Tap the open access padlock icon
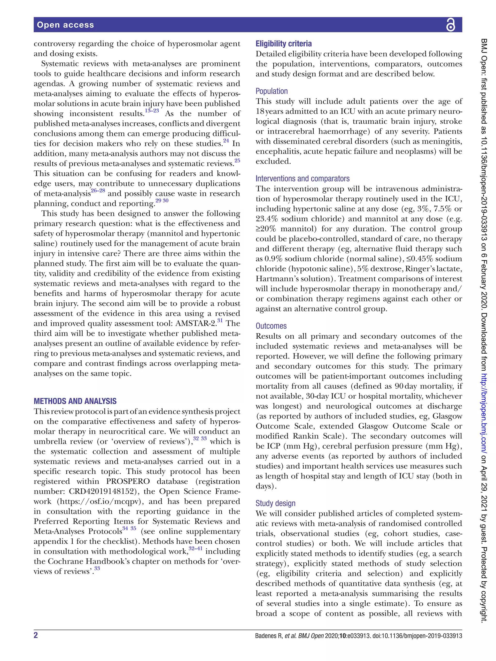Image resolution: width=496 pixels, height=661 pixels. click(x=450, y=25)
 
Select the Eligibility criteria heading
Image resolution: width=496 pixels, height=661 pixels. click(x=283, y=44)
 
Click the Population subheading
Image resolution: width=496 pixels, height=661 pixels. click(x=271, y=91)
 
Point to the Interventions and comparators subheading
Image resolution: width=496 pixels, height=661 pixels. click(x=302, y=178)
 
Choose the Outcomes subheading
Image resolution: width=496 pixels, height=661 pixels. click(x=271, y=326)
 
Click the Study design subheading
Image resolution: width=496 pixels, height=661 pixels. click(x=275, y=503)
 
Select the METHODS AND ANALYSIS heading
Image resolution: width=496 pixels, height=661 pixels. click(x=75, y=401)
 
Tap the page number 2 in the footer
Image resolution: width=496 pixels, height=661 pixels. click(x=36, y=635)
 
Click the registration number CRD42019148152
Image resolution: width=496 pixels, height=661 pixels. click(x=101, y=492)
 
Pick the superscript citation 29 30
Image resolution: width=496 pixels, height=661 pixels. click(x=162, y=200)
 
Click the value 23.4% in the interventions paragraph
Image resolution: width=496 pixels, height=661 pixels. click(x=267, y=219)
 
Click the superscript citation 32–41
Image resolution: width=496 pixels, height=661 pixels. click(x=195, y=549)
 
